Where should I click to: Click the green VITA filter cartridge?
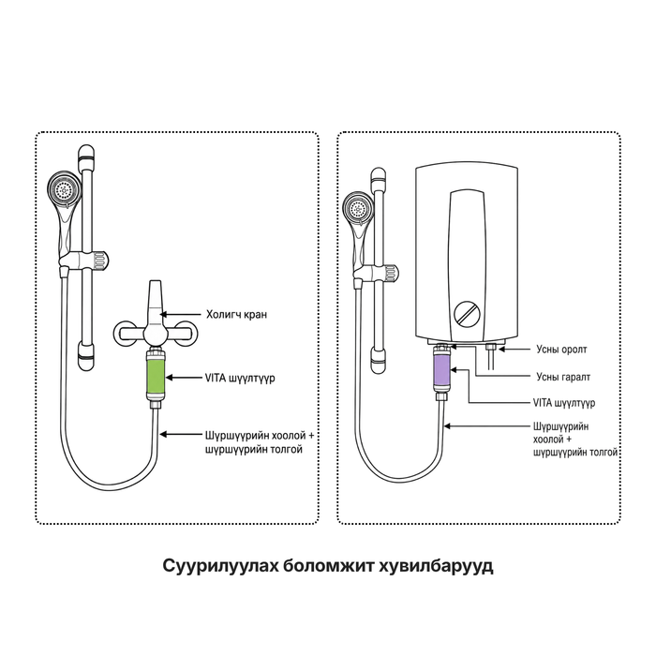(156, 377)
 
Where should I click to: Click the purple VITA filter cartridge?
(442, 370)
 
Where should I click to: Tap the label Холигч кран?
(236, 314)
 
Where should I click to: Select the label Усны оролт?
(561, 350)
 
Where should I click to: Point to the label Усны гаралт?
(563, 377)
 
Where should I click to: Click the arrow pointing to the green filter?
(184, 378)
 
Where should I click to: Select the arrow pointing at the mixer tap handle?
(181, 314)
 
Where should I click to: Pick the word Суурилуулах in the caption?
(220, 566)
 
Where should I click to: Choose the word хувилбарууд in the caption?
(436, 566)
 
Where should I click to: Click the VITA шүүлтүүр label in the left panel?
(240, 379)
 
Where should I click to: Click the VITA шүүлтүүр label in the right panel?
(564, 403)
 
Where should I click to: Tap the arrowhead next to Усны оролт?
(501, 349)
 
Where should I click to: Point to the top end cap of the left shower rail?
(86, 157)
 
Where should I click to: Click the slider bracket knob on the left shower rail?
(100, 260)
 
